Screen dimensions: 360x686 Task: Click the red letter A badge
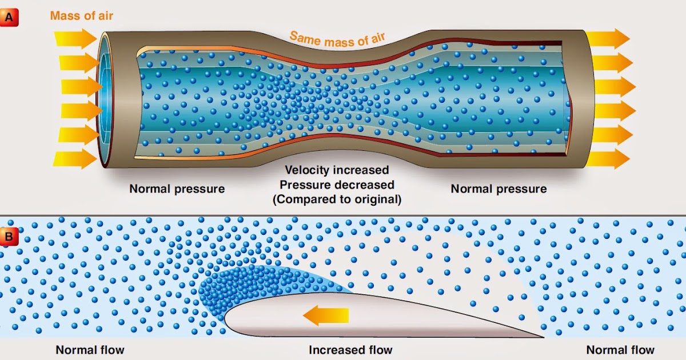coord(10,18)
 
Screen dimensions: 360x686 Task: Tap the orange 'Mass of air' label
coord(81,15)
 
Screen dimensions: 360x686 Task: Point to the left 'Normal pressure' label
coord(177,189)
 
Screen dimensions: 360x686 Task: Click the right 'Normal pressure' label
coord(498,189)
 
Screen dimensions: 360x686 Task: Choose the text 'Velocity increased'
coord(337,170)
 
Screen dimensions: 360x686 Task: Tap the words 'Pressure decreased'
coord(337,185)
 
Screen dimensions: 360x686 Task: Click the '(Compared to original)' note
coord(337,199)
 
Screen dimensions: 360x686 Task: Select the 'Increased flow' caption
coord(350,350)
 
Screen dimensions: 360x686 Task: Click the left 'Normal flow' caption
coord(90,350)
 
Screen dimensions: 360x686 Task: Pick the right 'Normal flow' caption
coord(620,350)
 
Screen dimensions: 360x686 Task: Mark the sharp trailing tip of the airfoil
coord(541,337)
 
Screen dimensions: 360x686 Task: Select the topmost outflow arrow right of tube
coord(607,39)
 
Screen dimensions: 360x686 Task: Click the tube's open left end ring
coord(103,100)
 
